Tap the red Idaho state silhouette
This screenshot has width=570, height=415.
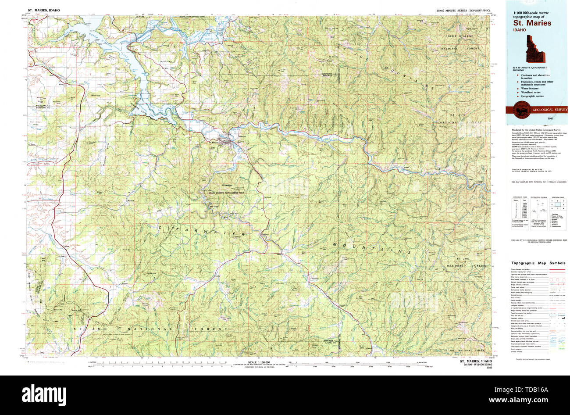[534, 49]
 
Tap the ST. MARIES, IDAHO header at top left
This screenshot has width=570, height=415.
[44, 9]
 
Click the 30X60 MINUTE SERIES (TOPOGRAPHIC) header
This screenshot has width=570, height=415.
[463, 9]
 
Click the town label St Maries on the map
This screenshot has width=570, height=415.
[213, 142]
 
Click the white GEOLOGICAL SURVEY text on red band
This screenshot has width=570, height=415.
[549, 109]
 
